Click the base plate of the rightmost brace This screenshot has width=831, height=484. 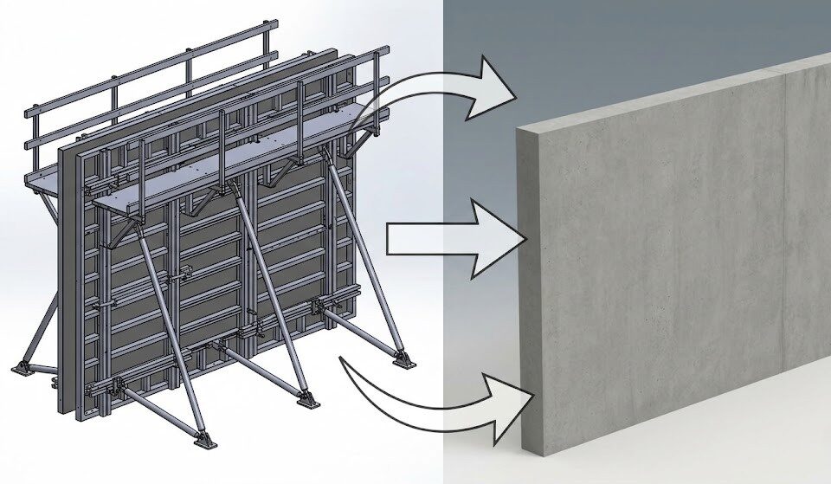403,358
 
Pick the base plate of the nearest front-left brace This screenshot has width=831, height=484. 206,437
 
